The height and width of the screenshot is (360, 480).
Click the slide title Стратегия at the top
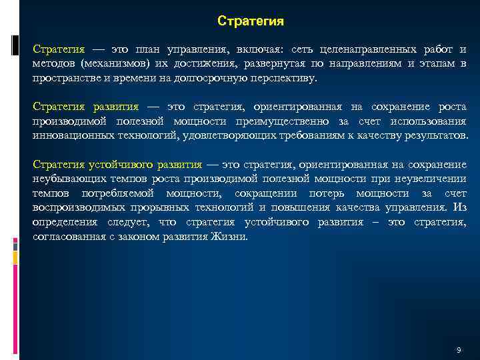[251, 21]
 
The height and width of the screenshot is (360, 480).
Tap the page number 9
[459, 350]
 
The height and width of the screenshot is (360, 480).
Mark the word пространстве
[65, 77]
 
